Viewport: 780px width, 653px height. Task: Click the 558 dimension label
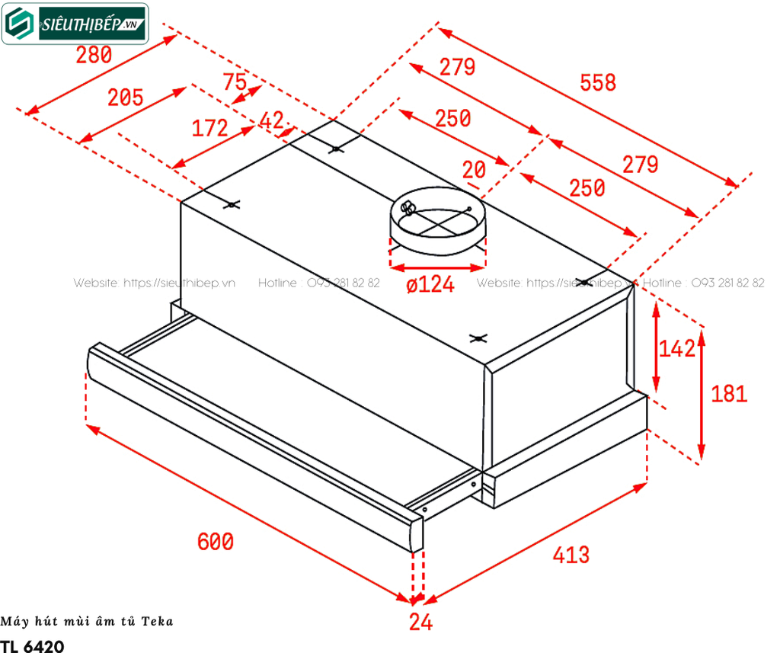pyautogui.click(x=598, y=82)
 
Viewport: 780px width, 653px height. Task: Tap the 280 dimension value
pyautogui.click(x=94, y=55)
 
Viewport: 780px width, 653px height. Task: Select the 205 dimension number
pyautogui.click(x=126, y=98)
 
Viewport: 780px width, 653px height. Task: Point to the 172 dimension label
pyautogui.click(x=209, y=128)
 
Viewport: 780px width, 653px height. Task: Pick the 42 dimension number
pyautogui.click(x=272, y=120)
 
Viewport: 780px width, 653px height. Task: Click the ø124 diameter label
pyautogui.click(x=431, y=286)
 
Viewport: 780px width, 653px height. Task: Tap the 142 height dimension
pyautogui.click(x=677, y=349)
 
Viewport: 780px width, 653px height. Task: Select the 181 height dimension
pyautogui.click(x=729, y=394)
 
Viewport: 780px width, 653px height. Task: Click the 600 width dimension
pyautogui.click(x=216, y=542)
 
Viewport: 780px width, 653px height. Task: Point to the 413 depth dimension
pyautogui.click(x=571, y=555)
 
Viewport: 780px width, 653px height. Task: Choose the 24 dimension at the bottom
pyautogui.click(x=420, y=623)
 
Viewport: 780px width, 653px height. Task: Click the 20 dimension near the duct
pyautogui.click(x=474, y=170)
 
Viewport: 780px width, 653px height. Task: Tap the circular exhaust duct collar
pyautogui.click(x=437, y=222)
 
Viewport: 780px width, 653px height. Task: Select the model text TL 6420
pyautogui.click(x=33, y=645)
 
